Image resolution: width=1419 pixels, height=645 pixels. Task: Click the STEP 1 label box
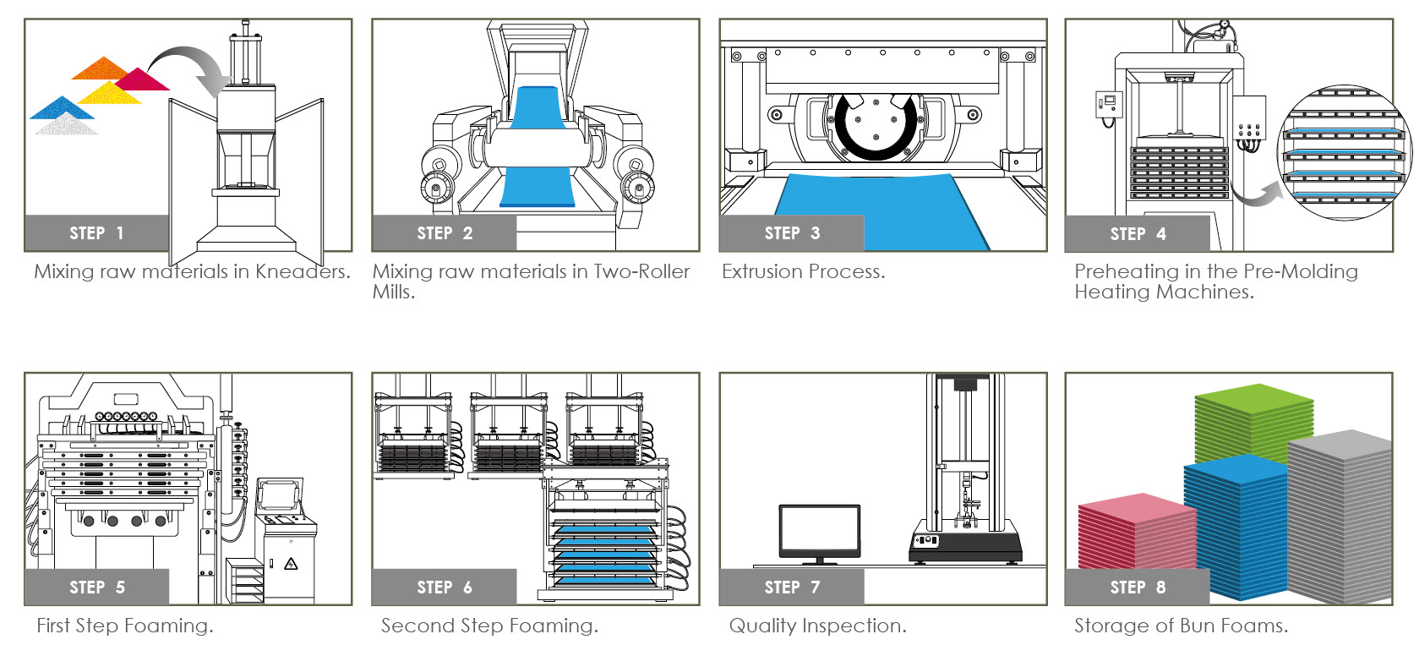coord(96,233)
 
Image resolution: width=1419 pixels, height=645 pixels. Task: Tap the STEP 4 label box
coord(1137,234)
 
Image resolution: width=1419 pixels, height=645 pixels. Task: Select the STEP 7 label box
coord(791,588)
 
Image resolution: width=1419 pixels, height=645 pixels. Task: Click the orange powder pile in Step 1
coord(101,68)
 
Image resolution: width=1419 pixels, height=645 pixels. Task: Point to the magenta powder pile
coord(142,80)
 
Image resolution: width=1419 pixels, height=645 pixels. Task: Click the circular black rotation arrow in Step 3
coord(875,127)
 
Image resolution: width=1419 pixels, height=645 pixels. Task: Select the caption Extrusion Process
coord(803,271)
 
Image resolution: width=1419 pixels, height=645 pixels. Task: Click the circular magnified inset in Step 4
coord(1343,153)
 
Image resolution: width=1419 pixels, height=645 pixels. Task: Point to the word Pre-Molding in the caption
coord(1301,271)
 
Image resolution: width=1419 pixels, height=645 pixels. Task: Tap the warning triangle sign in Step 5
coord(292,564)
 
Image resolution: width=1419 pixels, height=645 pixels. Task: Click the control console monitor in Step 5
coord(280,495)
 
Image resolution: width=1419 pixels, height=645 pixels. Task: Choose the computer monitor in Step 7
coord(819,531)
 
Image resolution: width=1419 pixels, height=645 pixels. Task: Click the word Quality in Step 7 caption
coord(762,626)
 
